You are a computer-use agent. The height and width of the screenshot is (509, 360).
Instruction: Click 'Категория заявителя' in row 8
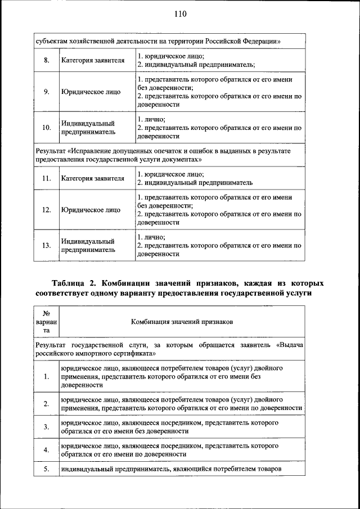tap(93, 61)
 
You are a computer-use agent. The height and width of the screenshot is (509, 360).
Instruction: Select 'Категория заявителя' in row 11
tap(93, 179)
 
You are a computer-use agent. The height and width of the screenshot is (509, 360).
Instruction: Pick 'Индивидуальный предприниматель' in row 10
tap(88, 128)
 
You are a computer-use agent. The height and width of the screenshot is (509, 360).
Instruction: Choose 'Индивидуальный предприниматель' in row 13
tap(88, 245)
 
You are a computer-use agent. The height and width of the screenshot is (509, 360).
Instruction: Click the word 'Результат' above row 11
tap(49, 151)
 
